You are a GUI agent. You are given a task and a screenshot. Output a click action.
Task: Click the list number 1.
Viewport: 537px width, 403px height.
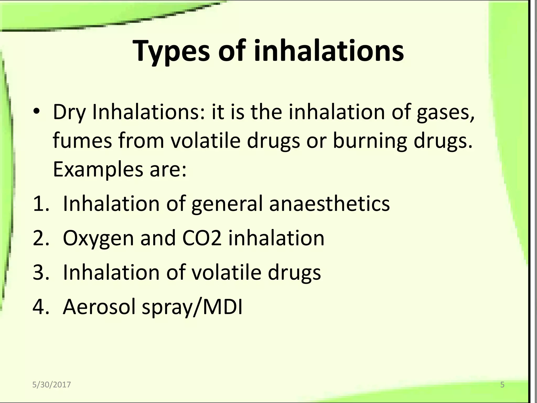click(x=41, y=204)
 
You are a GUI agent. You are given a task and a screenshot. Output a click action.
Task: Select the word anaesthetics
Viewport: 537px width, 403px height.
click(x=329, y=204)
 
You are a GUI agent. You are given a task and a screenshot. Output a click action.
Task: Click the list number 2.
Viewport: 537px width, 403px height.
click(x=41, y=238)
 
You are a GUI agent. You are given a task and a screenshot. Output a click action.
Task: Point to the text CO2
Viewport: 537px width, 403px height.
click(x=202, y=238)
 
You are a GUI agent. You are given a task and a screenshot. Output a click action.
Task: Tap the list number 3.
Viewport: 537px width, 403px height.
click(x=41, y=273)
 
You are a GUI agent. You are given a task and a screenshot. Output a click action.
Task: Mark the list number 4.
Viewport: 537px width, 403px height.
click(x=41, y=307)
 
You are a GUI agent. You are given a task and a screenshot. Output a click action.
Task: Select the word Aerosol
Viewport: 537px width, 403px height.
click(x=99, y=307)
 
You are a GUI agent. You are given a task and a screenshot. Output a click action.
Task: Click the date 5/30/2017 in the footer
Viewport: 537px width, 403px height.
click(x=51, y=385)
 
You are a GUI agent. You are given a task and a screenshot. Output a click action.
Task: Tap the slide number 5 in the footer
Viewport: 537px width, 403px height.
click(x=502, y=385)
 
